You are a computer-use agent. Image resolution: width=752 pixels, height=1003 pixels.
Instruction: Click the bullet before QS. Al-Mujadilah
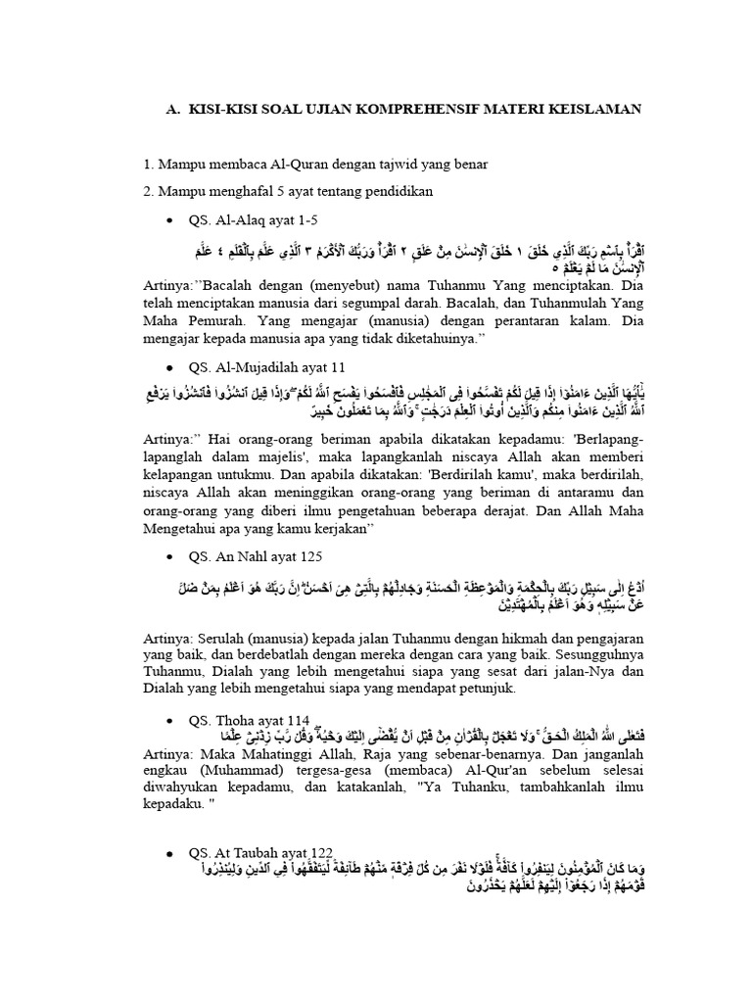(172, 367)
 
